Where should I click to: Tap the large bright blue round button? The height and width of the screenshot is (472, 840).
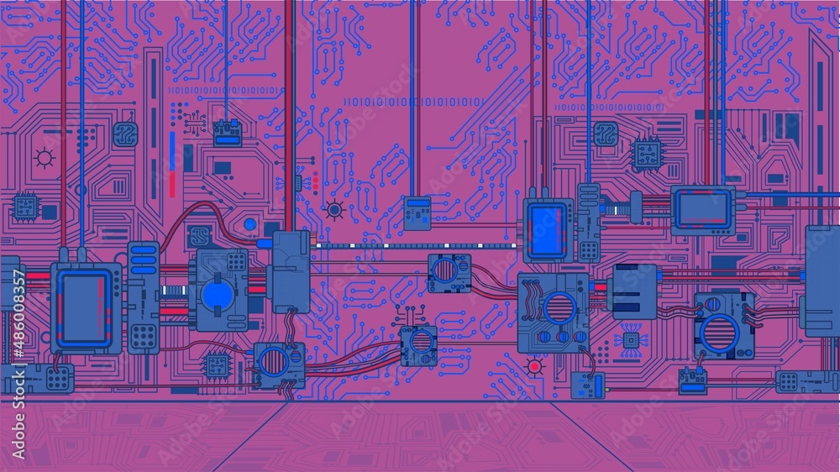click(x=217, y=295)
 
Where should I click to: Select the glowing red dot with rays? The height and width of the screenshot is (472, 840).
click(x=533, y=365)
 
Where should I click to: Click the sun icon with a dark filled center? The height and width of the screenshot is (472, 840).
click(x=334, y=210)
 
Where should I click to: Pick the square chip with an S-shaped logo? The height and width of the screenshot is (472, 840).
click(x=199, y=234)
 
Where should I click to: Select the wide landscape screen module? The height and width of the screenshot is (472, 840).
click(x=702, y=209)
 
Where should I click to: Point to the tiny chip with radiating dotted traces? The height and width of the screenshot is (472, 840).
click(x=629, y=338)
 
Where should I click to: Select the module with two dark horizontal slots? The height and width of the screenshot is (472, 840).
click(x=635, y=291)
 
